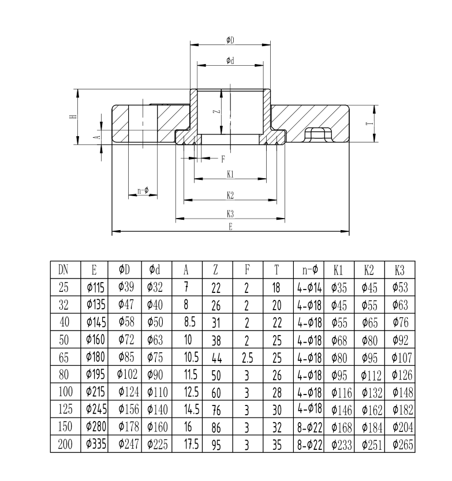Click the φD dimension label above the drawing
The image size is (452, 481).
pos(230,40)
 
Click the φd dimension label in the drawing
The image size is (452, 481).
pos(230,60)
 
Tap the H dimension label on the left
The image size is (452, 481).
pos(72,117)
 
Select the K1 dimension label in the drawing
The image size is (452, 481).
pos(230,174)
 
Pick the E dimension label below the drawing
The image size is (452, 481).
pos(230,227)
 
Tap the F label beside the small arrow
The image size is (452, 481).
pos(223,158)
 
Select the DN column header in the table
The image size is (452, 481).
pos(64,269)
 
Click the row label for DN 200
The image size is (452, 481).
pos(64,445)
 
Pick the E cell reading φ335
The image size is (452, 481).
pos(94,445)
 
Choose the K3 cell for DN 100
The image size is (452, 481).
pos(399,392)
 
